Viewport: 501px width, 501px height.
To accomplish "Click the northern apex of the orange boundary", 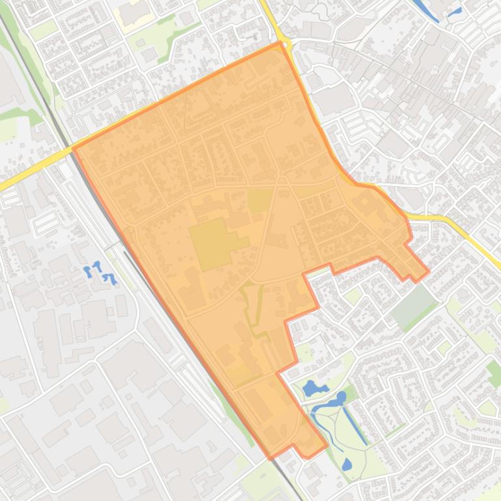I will pyautogui.click(x=280, y=43).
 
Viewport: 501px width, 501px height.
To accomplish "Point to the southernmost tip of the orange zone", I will pyautogui.click(x=272, y=458).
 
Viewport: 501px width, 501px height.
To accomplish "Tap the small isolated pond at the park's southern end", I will pyautogui.click(x=347, y=465).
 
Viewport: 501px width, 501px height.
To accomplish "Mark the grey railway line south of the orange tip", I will pyautogui.click(x=293, y=485).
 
